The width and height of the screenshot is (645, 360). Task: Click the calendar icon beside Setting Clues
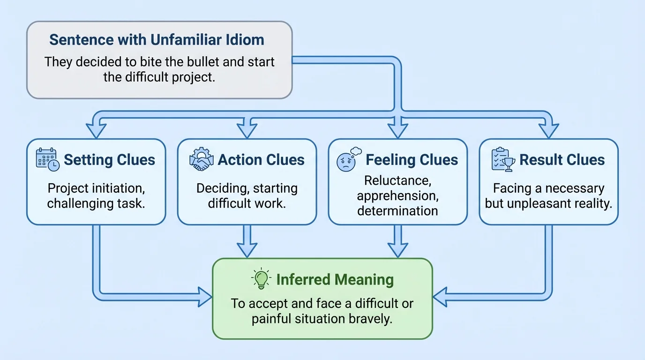pos(47,159)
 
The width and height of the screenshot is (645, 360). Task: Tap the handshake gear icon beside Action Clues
pos(201,159)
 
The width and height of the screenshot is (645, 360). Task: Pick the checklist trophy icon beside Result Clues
pos(503,159)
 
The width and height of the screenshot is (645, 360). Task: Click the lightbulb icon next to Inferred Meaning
pos(261,279)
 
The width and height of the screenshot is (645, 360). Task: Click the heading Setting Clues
pos(109,160)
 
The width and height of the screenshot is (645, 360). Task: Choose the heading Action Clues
pos(261,160)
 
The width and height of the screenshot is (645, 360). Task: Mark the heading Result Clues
pos(562,160)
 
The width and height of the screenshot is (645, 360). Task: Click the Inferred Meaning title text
pos(335,280)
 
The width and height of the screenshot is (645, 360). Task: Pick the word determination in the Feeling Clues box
pos(397,210)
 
